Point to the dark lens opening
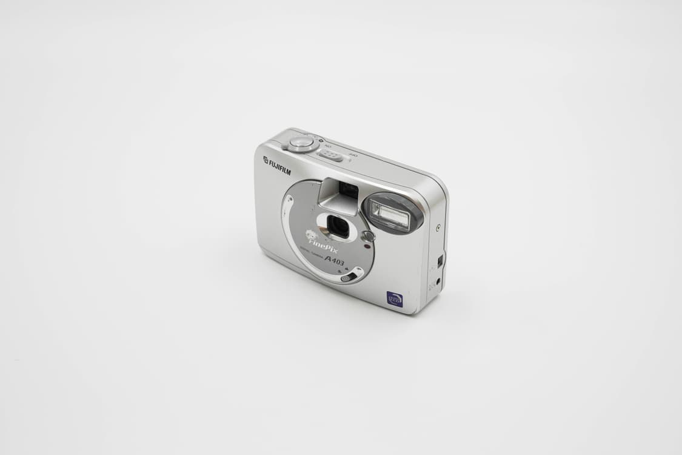pos(339,226)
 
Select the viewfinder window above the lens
pos(348,190)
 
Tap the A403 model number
pos(335,260)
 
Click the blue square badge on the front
pos(394,298)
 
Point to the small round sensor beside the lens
pos(367,235)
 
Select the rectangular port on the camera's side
pos(440,261)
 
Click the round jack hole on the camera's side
pos(438,281)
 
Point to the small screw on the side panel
pos(438,228)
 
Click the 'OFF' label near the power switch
pos(353,155)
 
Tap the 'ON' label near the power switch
pos(328,147)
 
